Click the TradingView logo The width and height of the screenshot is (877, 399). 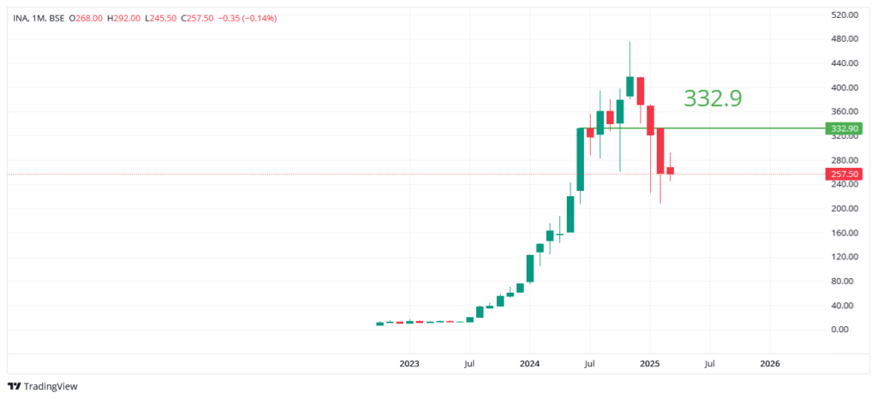point(44,386)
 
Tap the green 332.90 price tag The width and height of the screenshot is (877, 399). point(843,128)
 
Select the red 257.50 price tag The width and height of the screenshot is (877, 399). point(843,175)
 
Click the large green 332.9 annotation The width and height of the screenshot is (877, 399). point(713,98)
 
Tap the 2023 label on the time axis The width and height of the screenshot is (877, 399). point(409,364)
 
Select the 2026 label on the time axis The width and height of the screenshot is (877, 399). point(770,364)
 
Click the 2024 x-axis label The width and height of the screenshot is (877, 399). point(529,364)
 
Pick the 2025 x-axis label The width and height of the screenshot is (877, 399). point(649,364)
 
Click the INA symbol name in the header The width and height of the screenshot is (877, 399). point(20,18)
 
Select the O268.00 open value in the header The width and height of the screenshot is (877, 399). point(84,18)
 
